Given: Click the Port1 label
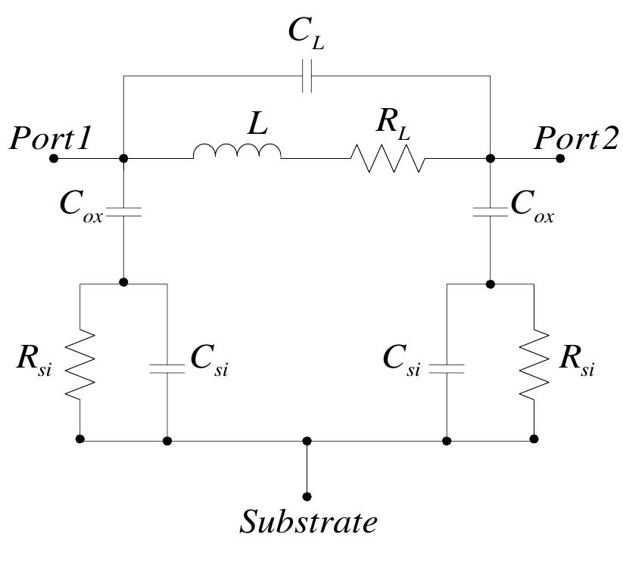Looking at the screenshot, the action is tap(51, 138).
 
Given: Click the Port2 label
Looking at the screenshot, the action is tap(576, 138).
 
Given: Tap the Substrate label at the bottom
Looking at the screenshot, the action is tap(308, 521).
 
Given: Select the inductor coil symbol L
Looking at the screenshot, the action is tap(237, 151).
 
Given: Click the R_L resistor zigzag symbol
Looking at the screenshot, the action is tap(388, 158).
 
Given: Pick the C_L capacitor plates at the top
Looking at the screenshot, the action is tap(307, 76).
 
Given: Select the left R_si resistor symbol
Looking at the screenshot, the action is tap(79, 364).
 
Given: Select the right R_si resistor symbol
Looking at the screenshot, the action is tap(534, 364).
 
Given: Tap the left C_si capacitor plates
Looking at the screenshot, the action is tap(167, 369).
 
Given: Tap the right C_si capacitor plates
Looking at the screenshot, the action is tap(447, 369).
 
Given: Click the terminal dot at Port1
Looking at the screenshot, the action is tap(54, 158).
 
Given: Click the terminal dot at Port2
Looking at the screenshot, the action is tap(560, 158).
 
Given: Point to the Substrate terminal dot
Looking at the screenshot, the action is tap(307, 496).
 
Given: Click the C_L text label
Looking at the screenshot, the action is tap(307, 34).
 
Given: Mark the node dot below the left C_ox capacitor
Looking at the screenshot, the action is tap(123, 282).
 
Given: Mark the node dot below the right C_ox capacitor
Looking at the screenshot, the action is tap(491, 284).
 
